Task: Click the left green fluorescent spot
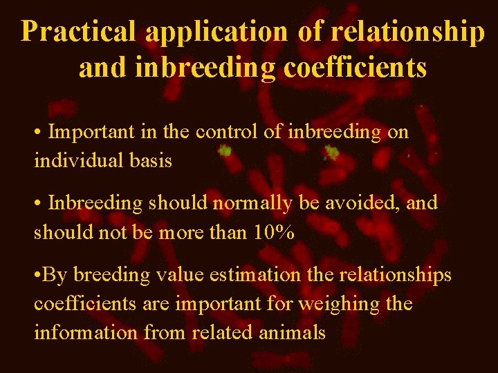coord(225,149)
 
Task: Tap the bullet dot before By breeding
coord(38,275)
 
